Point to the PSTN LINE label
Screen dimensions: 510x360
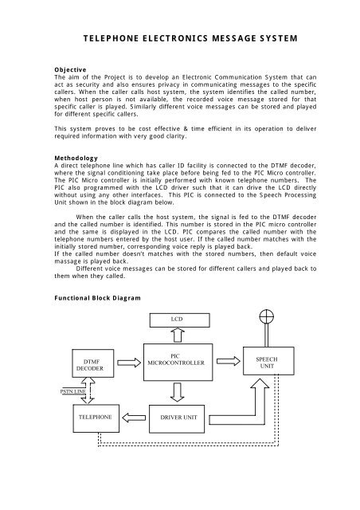[x=53, y=392]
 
